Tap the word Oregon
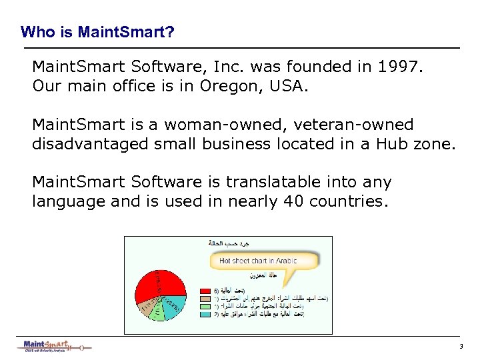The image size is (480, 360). pos(226,87)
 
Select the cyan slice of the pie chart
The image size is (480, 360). pos(175,302)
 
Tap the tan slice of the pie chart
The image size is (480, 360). pos(146,307)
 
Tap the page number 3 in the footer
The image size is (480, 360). pos(460,347)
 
